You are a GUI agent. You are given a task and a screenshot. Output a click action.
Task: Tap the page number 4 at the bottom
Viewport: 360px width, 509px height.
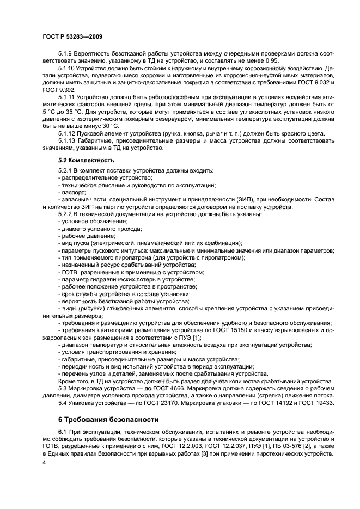click(x=44, y=462)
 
